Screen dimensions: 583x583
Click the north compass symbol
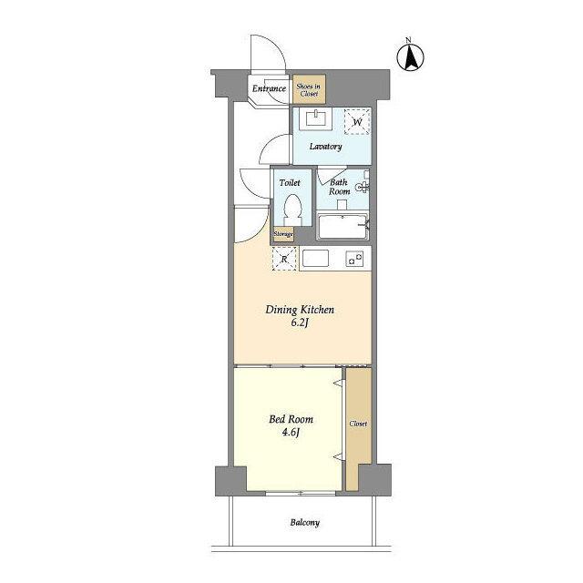(410, 57)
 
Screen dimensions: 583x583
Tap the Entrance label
(269, 88)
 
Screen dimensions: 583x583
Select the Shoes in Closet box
(309, 89)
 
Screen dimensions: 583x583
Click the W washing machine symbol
(357, 121)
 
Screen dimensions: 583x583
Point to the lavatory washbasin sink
(316, 119)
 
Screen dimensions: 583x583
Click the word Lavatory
(326, 147)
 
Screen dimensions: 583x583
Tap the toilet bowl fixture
(292, 210)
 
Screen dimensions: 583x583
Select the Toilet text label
(290, 182)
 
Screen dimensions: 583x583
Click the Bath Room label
(339, 187)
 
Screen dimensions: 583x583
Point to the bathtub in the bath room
(343, 226)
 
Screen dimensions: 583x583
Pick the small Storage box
(283, 234)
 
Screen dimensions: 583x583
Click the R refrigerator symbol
(284, 259)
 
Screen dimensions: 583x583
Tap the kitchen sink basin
(315, 258)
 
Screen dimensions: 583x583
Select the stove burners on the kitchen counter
(354, 259)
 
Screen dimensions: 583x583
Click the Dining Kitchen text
(300, 310)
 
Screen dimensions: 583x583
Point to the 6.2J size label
(300, 322)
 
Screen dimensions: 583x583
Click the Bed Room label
(291, 419)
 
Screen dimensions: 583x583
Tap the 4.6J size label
(291, 433)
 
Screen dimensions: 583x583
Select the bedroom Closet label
(358, 424)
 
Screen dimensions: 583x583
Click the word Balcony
(305, 523)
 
